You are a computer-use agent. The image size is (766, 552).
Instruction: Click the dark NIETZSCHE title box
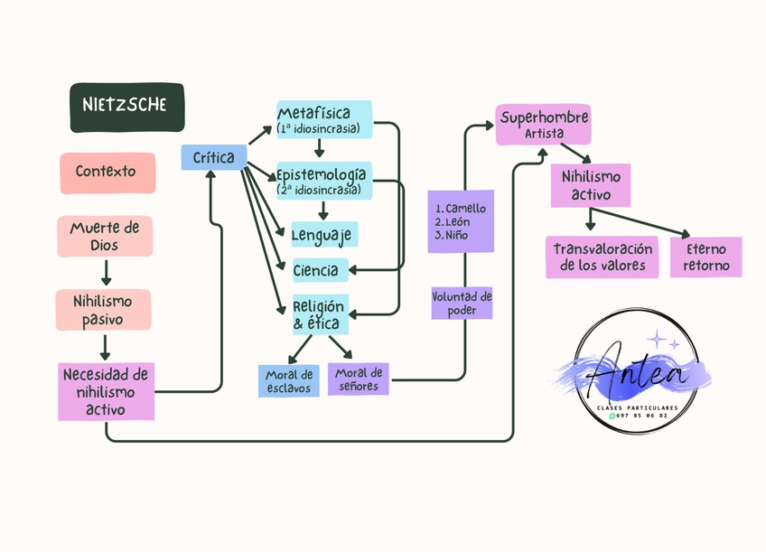tap(127, 108)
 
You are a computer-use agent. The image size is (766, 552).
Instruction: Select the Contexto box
tap(108, 173)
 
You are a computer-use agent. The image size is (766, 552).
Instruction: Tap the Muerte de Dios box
tap(105, 236)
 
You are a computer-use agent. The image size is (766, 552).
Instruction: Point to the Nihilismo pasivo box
tap(104, 310)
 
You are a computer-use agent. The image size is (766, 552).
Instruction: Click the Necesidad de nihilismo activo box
tap(106, 391)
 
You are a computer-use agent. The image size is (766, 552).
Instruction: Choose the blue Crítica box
tap(214, 157)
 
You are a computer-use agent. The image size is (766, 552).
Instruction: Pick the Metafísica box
tap(324, 119)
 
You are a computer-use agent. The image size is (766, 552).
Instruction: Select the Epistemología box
tap(324, 181)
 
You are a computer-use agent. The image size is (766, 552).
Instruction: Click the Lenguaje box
tap(324, 235)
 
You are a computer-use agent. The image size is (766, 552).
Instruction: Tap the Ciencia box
tap(321, 270)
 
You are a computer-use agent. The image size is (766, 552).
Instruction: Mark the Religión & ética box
tap(321, 314)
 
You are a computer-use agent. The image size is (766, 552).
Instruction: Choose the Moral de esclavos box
tap(289, 381)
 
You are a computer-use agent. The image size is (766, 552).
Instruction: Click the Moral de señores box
tap(358, 379)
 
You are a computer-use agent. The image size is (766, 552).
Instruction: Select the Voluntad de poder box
tap(462, 303)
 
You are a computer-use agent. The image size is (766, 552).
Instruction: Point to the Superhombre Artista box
tap(544, 125)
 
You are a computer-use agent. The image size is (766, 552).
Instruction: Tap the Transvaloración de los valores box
tap(602, 257)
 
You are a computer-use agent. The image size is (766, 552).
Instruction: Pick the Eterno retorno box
tap(705, 257)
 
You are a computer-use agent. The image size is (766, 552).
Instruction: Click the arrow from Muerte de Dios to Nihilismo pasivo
tap(106, 273)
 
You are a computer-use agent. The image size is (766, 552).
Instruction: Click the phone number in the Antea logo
tap(641, 416)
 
